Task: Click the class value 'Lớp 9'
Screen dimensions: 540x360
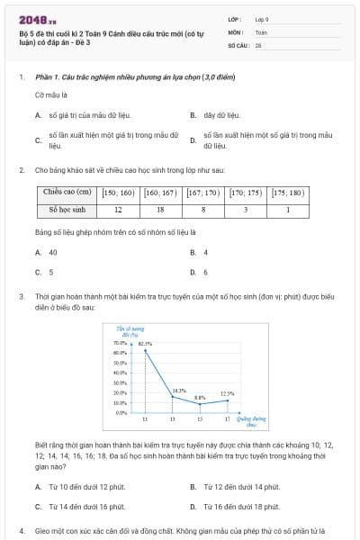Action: point(262,18)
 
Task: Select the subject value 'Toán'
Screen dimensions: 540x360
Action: point(262,31)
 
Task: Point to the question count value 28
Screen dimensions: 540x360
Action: point(258,44)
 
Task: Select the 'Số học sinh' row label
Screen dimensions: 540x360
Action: point(67,210)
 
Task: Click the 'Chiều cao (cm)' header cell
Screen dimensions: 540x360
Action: point(67,193)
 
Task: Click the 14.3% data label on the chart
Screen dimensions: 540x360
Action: point(179,391)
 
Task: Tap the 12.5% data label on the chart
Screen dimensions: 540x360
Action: point(227,393)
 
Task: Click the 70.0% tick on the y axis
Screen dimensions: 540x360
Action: point(121,343)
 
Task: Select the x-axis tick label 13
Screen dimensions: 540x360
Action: point(173,419)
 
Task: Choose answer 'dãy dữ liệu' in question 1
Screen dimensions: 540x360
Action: point(220,115)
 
